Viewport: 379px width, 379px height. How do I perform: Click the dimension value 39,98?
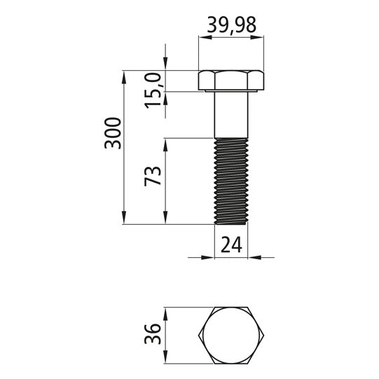pyautogui.click(x=231, y=25)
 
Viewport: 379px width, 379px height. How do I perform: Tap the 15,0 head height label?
pyautogui.click(x=153, y=90)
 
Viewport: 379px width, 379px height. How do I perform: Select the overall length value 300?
pyautogui.click(x=113, y=133)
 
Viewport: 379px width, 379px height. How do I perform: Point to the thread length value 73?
pyautogui.click(x=153, y=176)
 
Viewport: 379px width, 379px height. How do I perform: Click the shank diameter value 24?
pyautogui.click(x=231, y=245)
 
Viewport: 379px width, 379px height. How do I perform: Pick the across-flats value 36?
pyautogui.click(x=153, y=333)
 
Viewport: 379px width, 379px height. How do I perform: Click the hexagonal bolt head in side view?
pyautogui.click(x=231, y=81)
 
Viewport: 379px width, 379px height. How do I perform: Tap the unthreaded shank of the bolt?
pyautogui.click(x=231, y=115)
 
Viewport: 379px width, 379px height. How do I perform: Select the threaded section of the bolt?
pyautogui.click(x=231, y=181)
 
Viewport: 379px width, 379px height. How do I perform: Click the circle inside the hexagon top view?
pyautogui.click(x=231, y=336)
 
